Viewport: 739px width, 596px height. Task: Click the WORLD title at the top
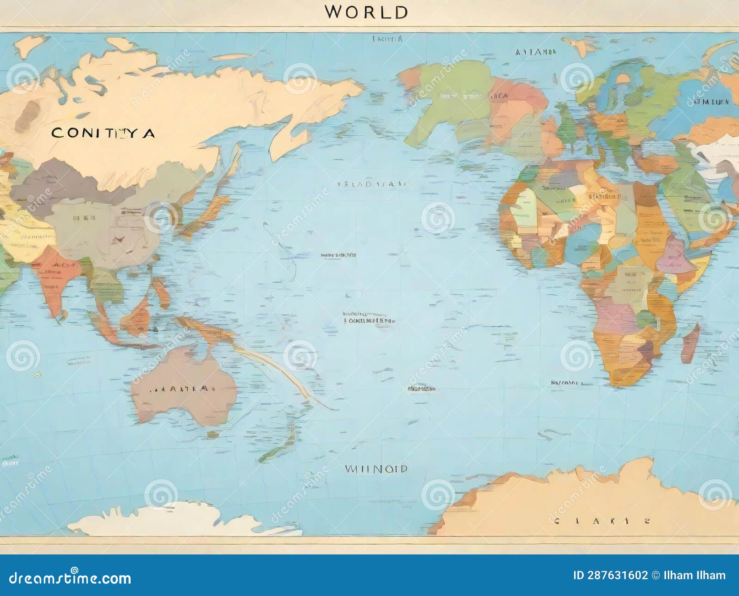[366, 12]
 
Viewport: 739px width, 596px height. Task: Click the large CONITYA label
[103, 134]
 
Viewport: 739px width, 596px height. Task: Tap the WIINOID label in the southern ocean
[376, 469]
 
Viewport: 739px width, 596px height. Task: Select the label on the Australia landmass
[180, 389]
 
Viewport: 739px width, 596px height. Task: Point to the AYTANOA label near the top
[536, 52]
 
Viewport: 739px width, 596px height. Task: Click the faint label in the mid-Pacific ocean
[372, 184]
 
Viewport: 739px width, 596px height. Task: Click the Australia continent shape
[185, 383]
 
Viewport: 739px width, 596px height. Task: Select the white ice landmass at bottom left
[166, 518]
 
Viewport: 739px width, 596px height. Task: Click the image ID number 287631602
[610, 575]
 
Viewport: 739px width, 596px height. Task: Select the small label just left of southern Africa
[564, 383]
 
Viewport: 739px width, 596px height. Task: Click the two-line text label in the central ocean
[369, 317]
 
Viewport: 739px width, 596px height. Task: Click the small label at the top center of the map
[387, 39]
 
